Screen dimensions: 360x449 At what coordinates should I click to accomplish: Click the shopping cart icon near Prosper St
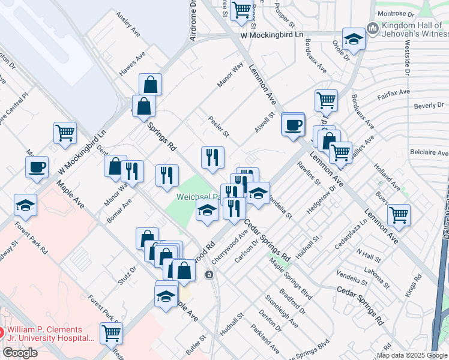pos(241,11)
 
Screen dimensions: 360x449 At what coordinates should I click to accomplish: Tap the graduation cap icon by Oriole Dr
pos(354,40)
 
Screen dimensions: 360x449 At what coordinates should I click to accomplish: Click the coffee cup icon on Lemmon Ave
pos(293,125)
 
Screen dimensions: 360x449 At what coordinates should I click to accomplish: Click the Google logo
pos(20,353)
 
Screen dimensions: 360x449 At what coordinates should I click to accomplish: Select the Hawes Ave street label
pos(133,63)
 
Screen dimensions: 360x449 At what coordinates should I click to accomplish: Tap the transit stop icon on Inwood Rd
pos(209,275)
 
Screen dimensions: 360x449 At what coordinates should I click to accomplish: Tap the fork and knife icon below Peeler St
pos(212,158)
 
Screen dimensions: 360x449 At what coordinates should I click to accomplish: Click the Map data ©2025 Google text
pos(412,355)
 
